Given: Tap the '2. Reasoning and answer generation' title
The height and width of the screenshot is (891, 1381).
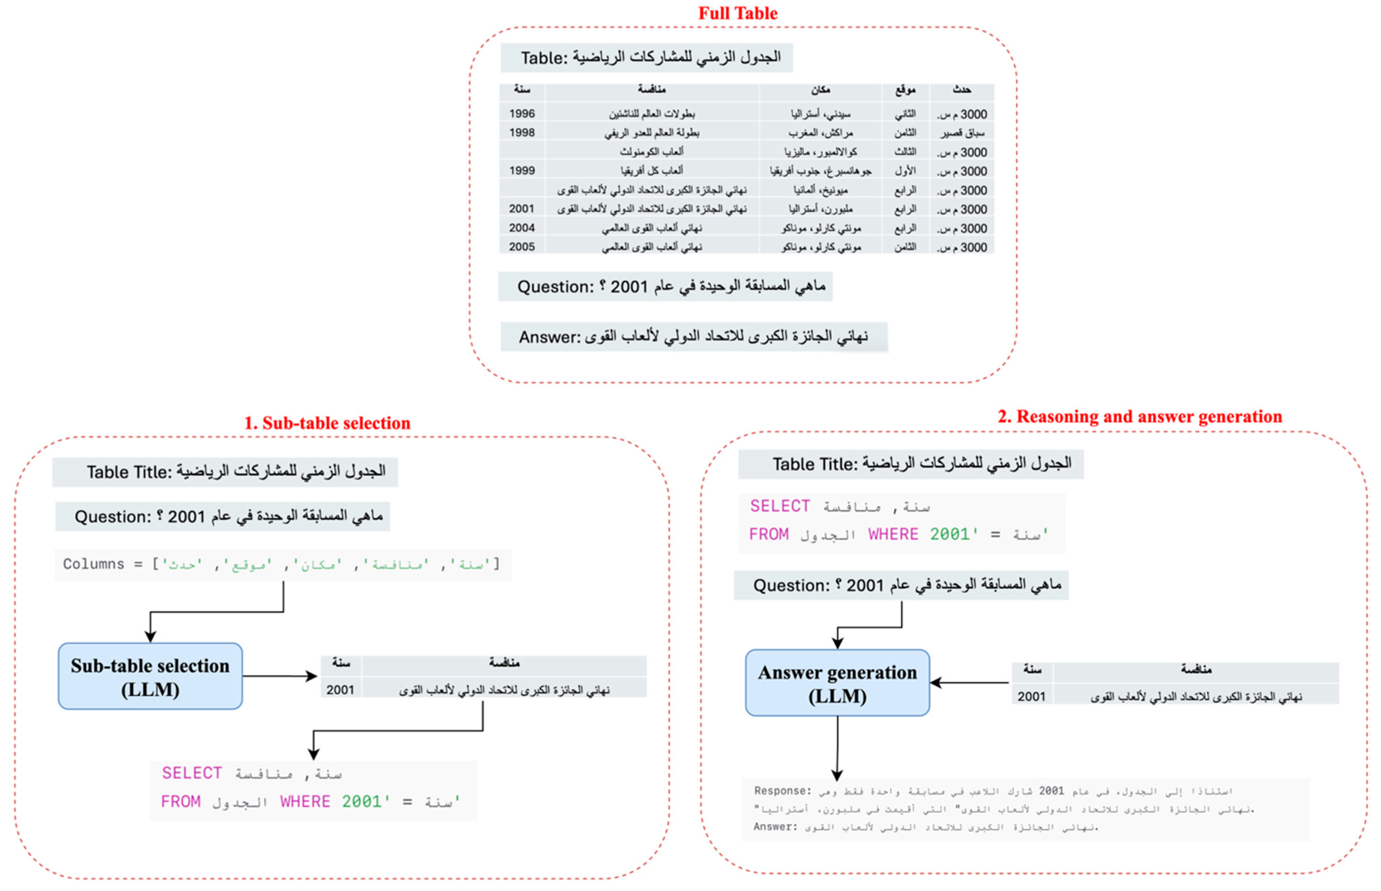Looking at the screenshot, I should (1139, 417).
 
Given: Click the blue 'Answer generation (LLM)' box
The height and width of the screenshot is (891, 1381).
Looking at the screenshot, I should (837, 683).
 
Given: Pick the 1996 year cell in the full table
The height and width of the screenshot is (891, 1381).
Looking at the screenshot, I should (522, 113).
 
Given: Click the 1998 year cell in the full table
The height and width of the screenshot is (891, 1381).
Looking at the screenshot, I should (522, 132).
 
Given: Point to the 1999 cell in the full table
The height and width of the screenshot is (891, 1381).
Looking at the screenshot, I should (522, 171).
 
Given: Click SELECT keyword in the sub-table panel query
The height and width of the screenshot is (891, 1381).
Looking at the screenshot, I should (191, 773).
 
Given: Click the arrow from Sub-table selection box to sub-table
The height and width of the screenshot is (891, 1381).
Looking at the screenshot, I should (280, 676).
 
